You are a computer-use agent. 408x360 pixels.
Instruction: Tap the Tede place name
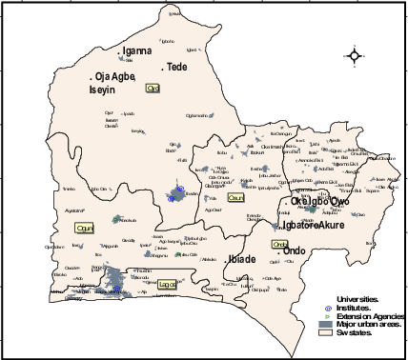pos(177,67)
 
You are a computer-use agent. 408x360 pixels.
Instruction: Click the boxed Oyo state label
pos(152,88)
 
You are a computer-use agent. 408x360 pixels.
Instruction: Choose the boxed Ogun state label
pos(84,229)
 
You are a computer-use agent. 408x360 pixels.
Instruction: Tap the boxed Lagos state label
pos(168,283)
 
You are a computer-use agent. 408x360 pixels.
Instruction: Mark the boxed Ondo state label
pos(279,245)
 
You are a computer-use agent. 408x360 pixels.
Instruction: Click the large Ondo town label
pos(296,252)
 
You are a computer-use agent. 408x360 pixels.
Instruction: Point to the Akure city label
pos(331,226)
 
